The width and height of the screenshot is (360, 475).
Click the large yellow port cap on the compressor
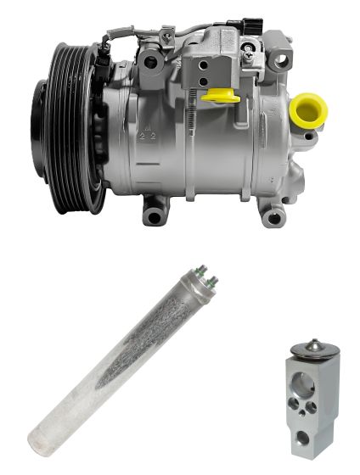tap(307, 109)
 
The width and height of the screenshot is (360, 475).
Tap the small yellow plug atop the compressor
tap(222, 94)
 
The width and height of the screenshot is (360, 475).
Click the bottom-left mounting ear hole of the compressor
tap(154, 216)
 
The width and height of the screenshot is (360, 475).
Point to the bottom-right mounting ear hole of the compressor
tap(273, 218)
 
